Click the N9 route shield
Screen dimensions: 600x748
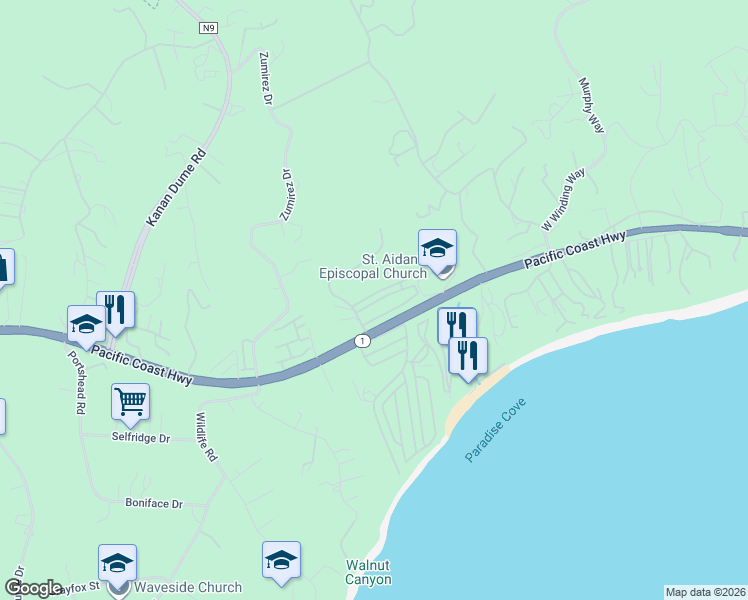208,29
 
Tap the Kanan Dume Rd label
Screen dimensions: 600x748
177,187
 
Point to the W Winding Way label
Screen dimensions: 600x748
563,200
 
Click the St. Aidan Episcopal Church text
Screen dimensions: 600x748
372,265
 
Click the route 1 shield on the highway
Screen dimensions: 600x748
362,341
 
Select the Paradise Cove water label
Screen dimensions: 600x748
495,430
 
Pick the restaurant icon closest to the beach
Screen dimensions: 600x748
468,357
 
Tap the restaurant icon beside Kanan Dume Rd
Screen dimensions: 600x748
116,311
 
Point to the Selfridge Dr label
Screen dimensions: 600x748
141,438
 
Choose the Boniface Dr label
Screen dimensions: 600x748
154,504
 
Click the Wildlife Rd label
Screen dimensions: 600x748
206,437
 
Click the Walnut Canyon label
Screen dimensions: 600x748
368,572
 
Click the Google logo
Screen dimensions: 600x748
33,588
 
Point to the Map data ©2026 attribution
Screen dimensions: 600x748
705,592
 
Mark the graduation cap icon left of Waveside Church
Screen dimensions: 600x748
117,564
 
